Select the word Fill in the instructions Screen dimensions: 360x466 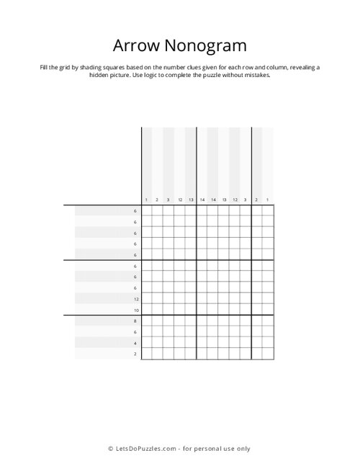[x=45, y=66]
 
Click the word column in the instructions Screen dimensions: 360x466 [x=253, y=66]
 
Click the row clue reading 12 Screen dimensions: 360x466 [x=135, y=298]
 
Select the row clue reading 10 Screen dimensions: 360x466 [x=135, y=310]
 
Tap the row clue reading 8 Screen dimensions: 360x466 [x=135, y=321]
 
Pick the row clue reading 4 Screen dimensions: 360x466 [x=135, y=343]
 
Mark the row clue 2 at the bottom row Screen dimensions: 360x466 [x=135, y=354]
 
